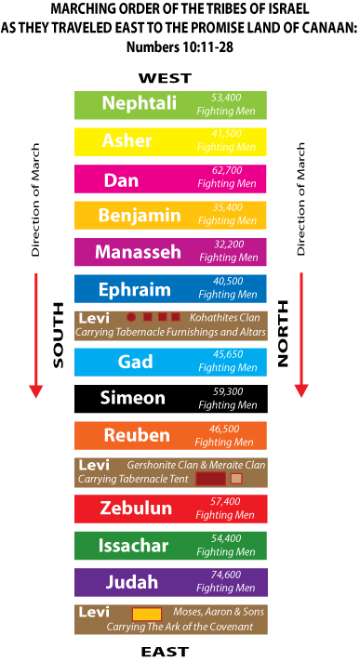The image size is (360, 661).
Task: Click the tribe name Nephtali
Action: (x=139, y=103)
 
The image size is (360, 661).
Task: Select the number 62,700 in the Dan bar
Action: (x=227, y=171)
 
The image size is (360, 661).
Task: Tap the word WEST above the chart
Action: (x=165, y=78)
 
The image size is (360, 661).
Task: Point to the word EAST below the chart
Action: (x=165, y=652)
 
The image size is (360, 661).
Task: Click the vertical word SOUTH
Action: (x=59, y=335)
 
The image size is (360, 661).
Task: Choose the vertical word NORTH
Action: (x=283, y=333)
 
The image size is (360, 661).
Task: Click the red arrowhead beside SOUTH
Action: (x=36, y=391)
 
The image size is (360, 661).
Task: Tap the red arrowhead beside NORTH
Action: (x=300, y=390)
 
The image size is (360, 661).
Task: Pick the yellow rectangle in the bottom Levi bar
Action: (x=147, y=614)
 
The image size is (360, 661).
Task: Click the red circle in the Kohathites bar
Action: (x=131, y=317)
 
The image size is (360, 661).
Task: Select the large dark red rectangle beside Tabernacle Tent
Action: (x=210, y=479)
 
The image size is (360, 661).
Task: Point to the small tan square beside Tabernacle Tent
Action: (x=236, y=479)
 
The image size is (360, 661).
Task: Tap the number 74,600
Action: (x=226, y=575)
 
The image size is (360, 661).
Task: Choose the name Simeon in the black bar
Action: (x=132, y=399)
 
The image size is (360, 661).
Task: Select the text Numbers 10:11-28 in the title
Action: (x=180, y=46)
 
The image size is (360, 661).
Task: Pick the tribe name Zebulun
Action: (x=136, y=509)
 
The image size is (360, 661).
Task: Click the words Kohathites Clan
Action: (x=224, y=318)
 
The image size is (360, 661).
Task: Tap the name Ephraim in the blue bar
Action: (x=135, y=290)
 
